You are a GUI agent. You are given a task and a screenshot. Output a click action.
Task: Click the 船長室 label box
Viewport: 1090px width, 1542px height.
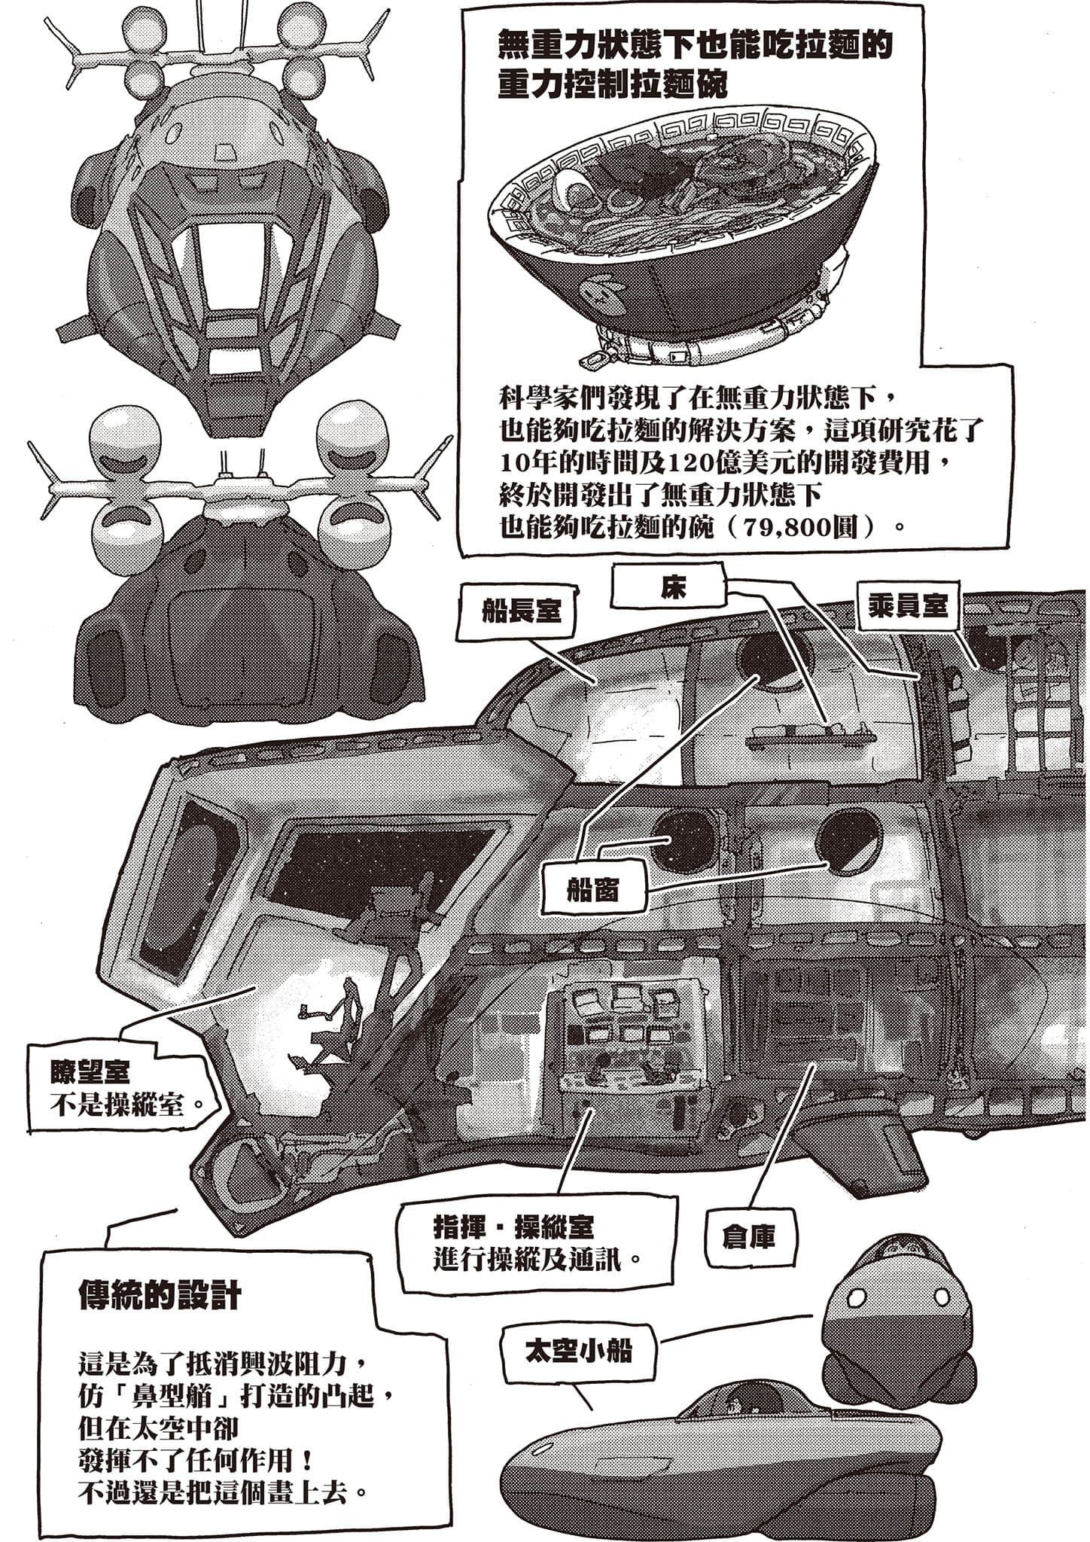520,610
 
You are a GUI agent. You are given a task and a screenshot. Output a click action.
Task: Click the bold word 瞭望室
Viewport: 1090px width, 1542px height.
90,1071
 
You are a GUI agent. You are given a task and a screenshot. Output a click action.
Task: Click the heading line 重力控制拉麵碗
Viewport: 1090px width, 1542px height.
613,86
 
